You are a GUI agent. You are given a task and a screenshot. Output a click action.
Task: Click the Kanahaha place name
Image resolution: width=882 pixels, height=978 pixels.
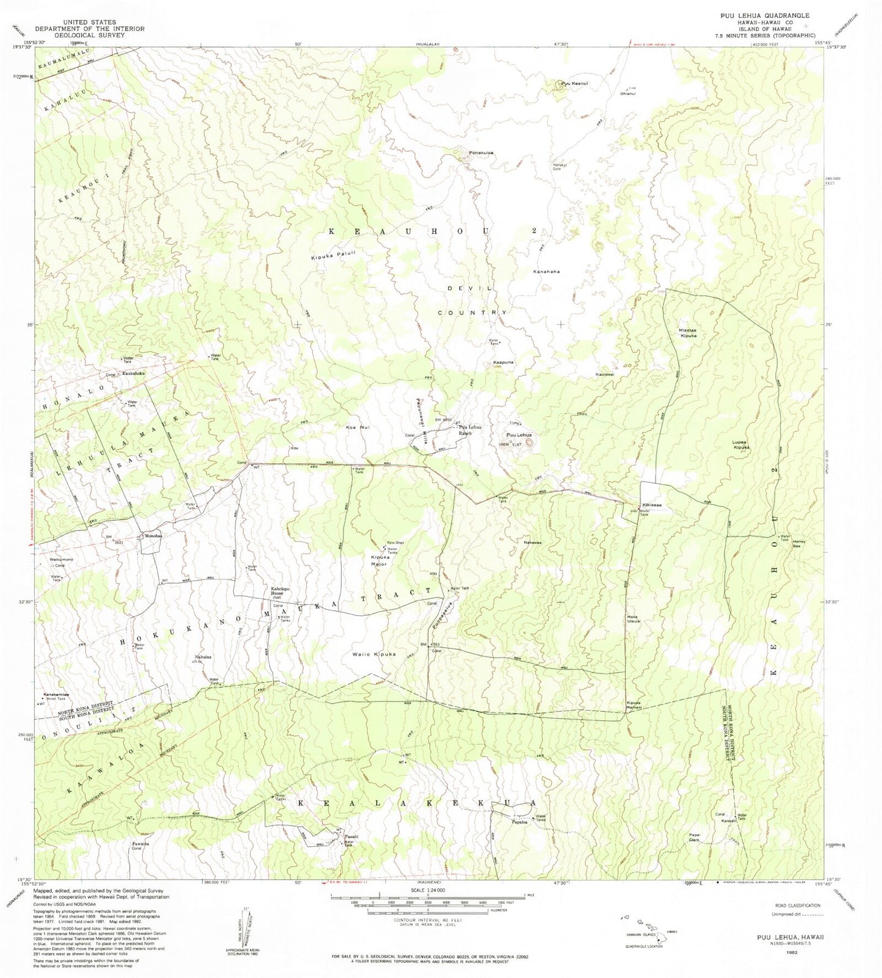click(546, 271)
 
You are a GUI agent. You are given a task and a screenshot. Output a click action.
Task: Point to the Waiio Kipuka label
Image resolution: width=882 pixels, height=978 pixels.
click(374, 654)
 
